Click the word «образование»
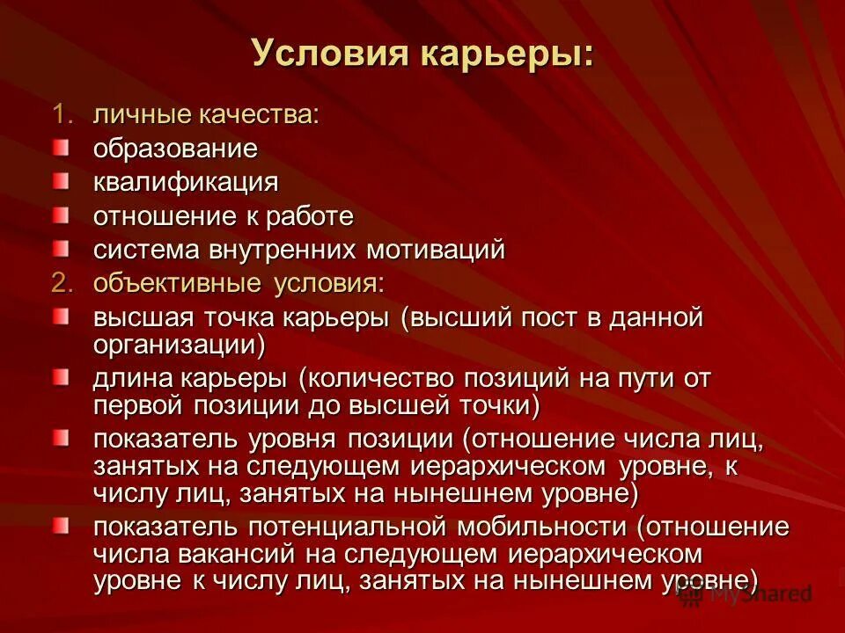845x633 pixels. click(x=176, y=149)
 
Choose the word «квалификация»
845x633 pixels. click(x=187, y=183)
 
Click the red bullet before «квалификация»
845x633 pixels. click(x=59, y=179)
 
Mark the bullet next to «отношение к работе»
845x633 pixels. click(x=59, y=213)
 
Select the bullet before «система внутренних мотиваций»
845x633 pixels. click(x=59, y=246)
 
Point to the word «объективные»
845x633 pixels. click(x=178, y=283)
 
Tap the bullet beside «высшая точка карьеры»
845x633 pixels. click(x=59, y=314)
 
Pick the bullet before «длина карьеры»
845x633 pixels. click(x=59, y=376)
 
